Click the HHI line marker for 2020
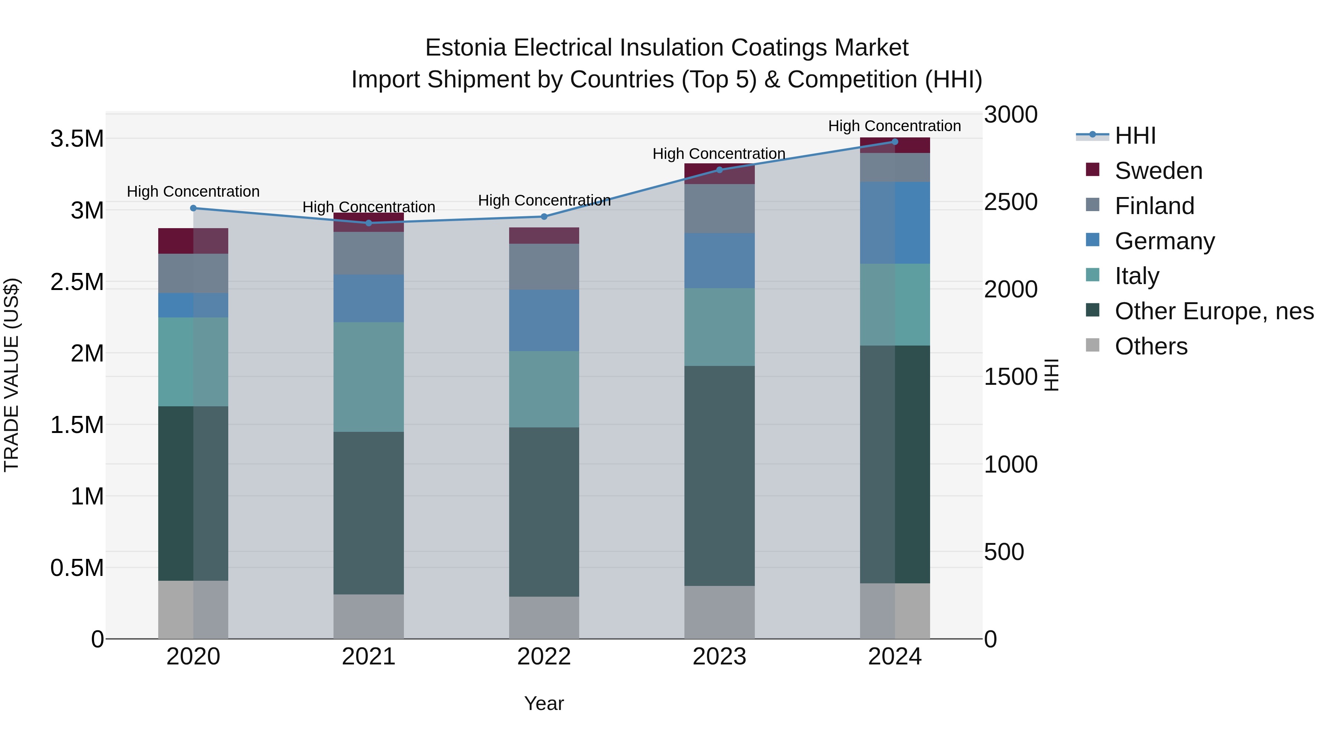coord(193,208)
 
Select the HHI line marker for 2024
coord(895,142)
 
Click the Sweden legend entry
coord(1158,171)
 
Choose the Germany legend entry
coord(1164,241)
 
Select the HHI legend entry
coord(1135,136)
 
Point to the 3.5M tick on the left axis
coord(77,139)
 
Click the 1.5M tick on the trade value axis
coord(77,425)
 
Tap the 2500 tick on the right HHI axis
coord(1011,202)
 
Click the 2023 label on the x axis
coord(719,657)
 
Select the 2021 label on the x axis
coord(369,657)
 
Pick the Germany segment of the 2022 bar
coord(544,320)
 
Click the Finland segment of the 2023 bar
coord(719,208)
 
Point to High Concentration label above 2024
coord(895,126)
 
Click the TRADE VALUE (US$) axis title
coord(11,375)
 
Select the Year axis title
coord(544,703)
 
